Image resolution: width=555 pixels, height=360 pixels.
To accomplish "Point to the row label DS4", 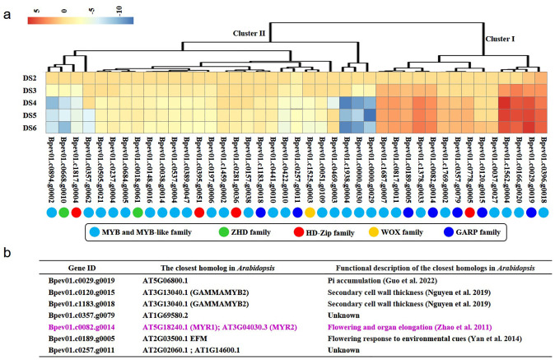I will click(x=27, y=101).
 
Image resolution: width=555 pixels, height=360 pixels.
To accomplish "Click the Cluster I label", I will click(x=501, y=39).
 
